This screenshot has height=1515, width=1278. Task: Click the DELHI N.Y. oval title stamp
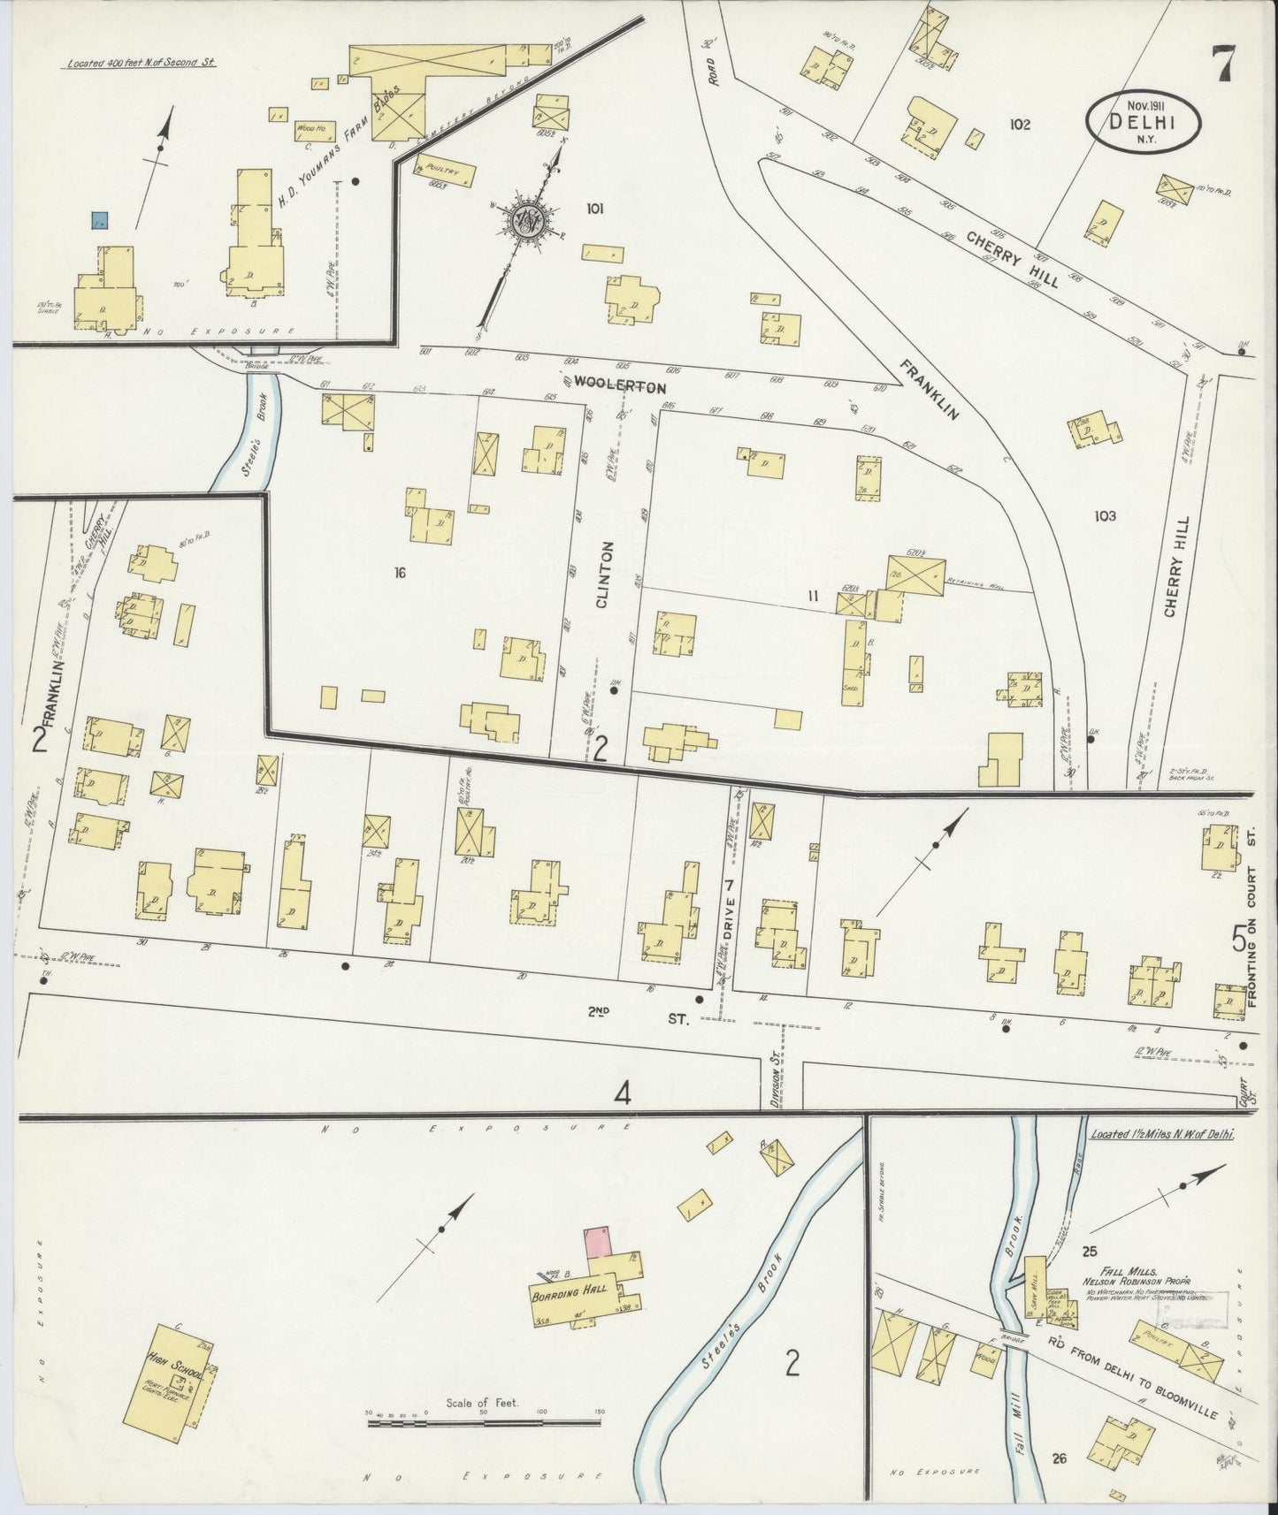pos(1142,123)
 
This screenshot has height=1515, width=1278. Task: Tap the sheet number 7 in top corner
pos(1227,64)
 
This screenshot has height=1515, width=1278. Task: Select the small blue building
pos(101,220)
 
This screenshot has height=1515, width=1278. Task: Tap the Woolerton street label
pos(619,386)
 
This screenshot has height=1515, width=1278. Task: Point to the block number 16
pos(400,574)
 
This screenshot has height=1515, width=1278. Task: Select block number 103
pos(1105,515)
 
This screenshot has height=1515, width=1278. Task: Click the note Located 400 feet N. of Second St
pos(142,64)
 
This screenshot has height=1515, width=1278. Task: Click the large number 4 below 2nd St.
pos(624,1094)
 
